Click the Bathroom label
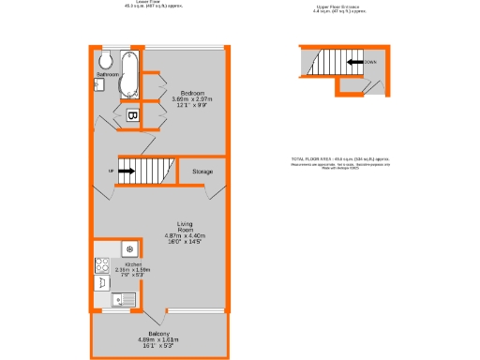pyautogui.click(x=107, y=74)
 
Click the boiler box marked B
pyautogui.click(x=132, y=115)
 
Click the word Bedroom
pyautogui.click(x=193, y=92)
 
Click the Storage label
pyautogui.click(x=202, y=172)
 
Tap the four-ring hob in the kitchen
pyautogui.click(x=101, y=265)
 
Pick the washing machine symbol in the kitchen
pyautogui.click(x=128, y=249)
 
